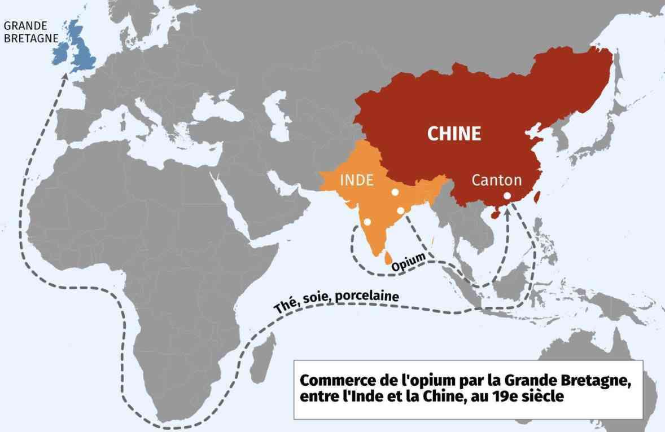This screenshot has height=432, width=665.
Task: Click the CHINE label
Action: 454,134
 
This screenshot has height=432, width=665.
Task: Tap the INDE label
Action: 356,180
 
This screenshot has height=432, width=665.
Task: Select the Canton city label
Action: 496,180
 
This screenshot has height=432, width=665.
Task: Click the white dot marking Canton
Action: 507,196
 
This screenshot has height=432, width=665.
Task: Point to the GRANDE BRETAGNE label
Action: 25,32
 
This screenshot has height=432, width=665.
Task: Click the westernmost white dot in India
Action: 368,222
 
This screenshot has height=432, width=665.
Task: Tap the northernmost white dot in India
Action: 395,192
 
